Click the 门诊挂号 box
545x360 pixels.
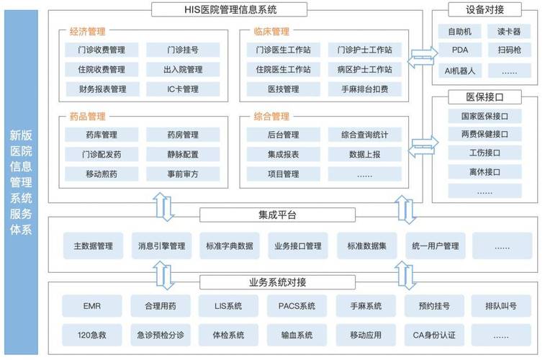click(x=182, y=50)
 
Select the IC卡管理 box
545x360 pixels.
click(x=182, y=89)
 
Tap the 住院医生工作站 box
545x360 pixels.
click(x=283, y=70)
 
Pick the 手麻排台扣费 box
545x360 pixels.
click(x=364, y=89)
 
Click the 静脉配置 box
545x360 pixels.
click(x=182, y=154)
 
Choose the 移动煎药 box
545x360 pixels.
click(x=101, y=174)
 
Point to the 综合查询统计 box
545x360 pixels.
click(x=364, y=135)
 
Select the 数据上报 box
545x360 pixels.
click(x=364, y=154)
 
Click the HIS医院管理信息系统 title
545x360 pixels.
click(x=230, y=9)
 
